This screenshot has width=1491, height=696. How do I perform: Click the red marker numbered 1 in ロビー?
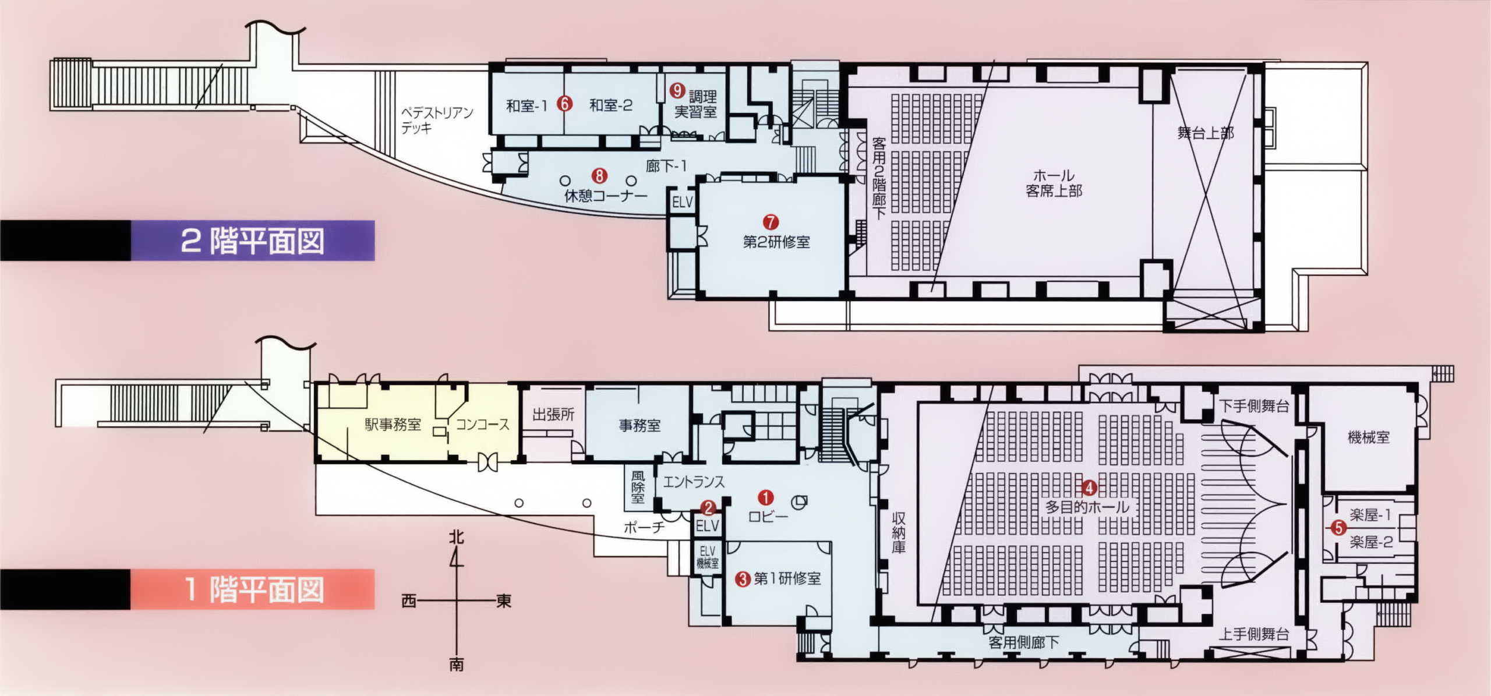click(x=765, y=497)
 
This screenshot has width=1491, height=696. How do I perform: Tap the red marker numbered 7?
click(x=771, y=222)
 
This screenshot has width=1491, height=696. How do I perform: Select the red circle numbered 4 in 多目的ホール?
click(x=1089, y=488)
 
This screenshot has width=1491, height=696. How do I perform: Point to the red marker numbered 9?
click(x=677, y=90)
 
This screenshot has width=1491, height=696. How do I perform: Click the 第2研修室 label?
click(x=776, y=242)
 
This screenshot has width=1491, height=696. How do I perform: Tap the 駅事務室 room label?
click(x=393, y=425)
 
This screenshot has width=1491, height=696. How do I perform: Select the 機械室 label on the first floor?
click(x=1369, y=437)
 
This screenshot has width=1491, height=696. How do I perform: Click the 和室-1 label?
click(x=527, y=106)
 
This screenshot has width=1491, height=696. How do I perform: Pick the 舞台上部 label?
click(x=1206, y=133)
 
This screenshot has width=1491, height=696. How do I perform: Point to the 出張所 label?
click(x=553, y=415)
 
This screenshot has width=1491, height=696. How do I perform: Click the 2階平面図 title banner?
click(x=252, y=241)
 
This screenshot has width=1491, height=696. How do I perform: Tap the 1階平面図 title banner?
click(x=252, y=589)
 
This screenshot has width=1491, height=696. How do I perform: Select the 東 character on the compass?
click(x=504, y=601)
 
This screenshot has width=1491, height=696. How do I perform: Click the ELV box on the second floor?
click(x=683, y=202)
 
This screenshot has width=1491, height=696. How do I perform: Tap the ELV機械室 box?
click(x=708, y=558)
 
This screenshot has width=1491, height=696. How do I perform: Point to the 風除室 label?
click(x=638, y=487)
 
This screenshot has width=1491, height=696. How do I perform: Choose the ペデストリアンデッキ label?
click(x=437, y=120)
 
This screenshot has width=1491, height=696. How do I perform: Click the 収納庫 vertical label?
click(x=899, y=532)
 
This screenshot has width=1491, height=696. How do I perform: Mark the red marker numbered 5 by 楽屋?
click(x=1338, y=528)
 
